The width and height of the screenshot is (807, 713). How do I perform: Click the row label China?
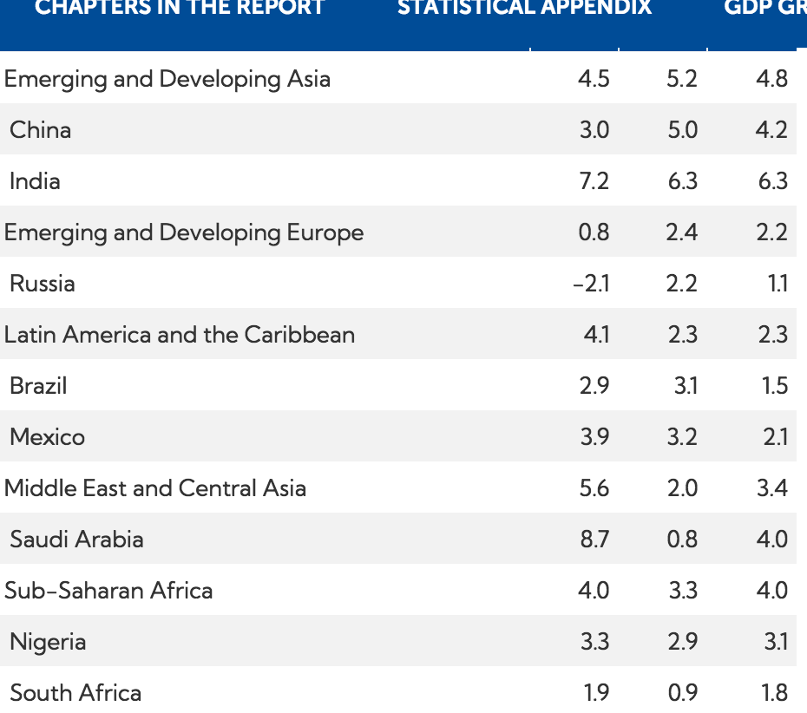(41, 130)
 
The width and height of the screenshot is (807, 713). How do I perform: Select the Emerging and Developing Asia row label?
(167, 79)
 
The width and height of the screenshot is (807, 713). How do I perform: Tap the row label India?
(35, 181)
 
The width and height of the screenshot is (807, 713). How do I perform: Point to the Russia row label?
(43, 284)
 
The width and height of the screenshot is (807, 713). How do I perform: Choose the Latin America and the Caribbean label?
(180, 335)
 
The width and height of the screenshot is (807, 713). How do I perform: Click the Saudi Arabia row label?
(76, 540)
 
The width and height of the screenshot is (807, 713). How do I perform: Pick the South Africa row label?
(75, 693)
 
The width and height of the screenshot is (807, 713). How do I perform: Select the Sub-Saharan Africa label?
(108, 591)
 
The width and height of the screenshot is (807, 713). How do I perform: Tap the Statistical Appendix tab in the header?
(524, 9)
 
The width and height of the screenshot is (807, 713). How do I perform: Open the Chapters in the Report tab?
(180, 9)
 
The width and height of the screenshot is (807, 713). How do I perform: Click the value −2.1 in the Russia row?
(591, 284)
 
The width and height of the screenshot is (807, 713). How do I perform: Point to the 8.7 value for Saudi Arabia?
(594, 540)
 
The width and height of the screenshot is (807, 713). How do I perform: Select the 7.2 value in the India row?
(594, 181)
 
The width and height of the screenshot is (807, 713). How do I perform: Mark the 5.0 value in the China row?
(682, 130)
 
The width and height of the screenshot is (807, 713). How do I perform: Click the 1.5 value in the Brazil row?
(774, 386)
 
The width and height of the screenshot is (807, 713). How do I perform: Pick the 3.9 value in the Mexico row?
(594, 437)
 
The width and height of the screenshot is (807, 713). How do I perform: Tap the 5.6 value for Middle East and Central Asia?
(594, 488)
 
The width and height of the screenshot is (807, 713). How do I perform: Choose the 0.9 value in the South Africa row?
(682, 693)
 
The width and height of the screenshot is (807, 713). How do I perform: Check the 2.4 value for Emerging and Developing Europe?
(682, 232)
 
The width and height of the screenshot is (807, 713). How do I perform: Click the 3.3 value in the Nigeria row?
(594, 642)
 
